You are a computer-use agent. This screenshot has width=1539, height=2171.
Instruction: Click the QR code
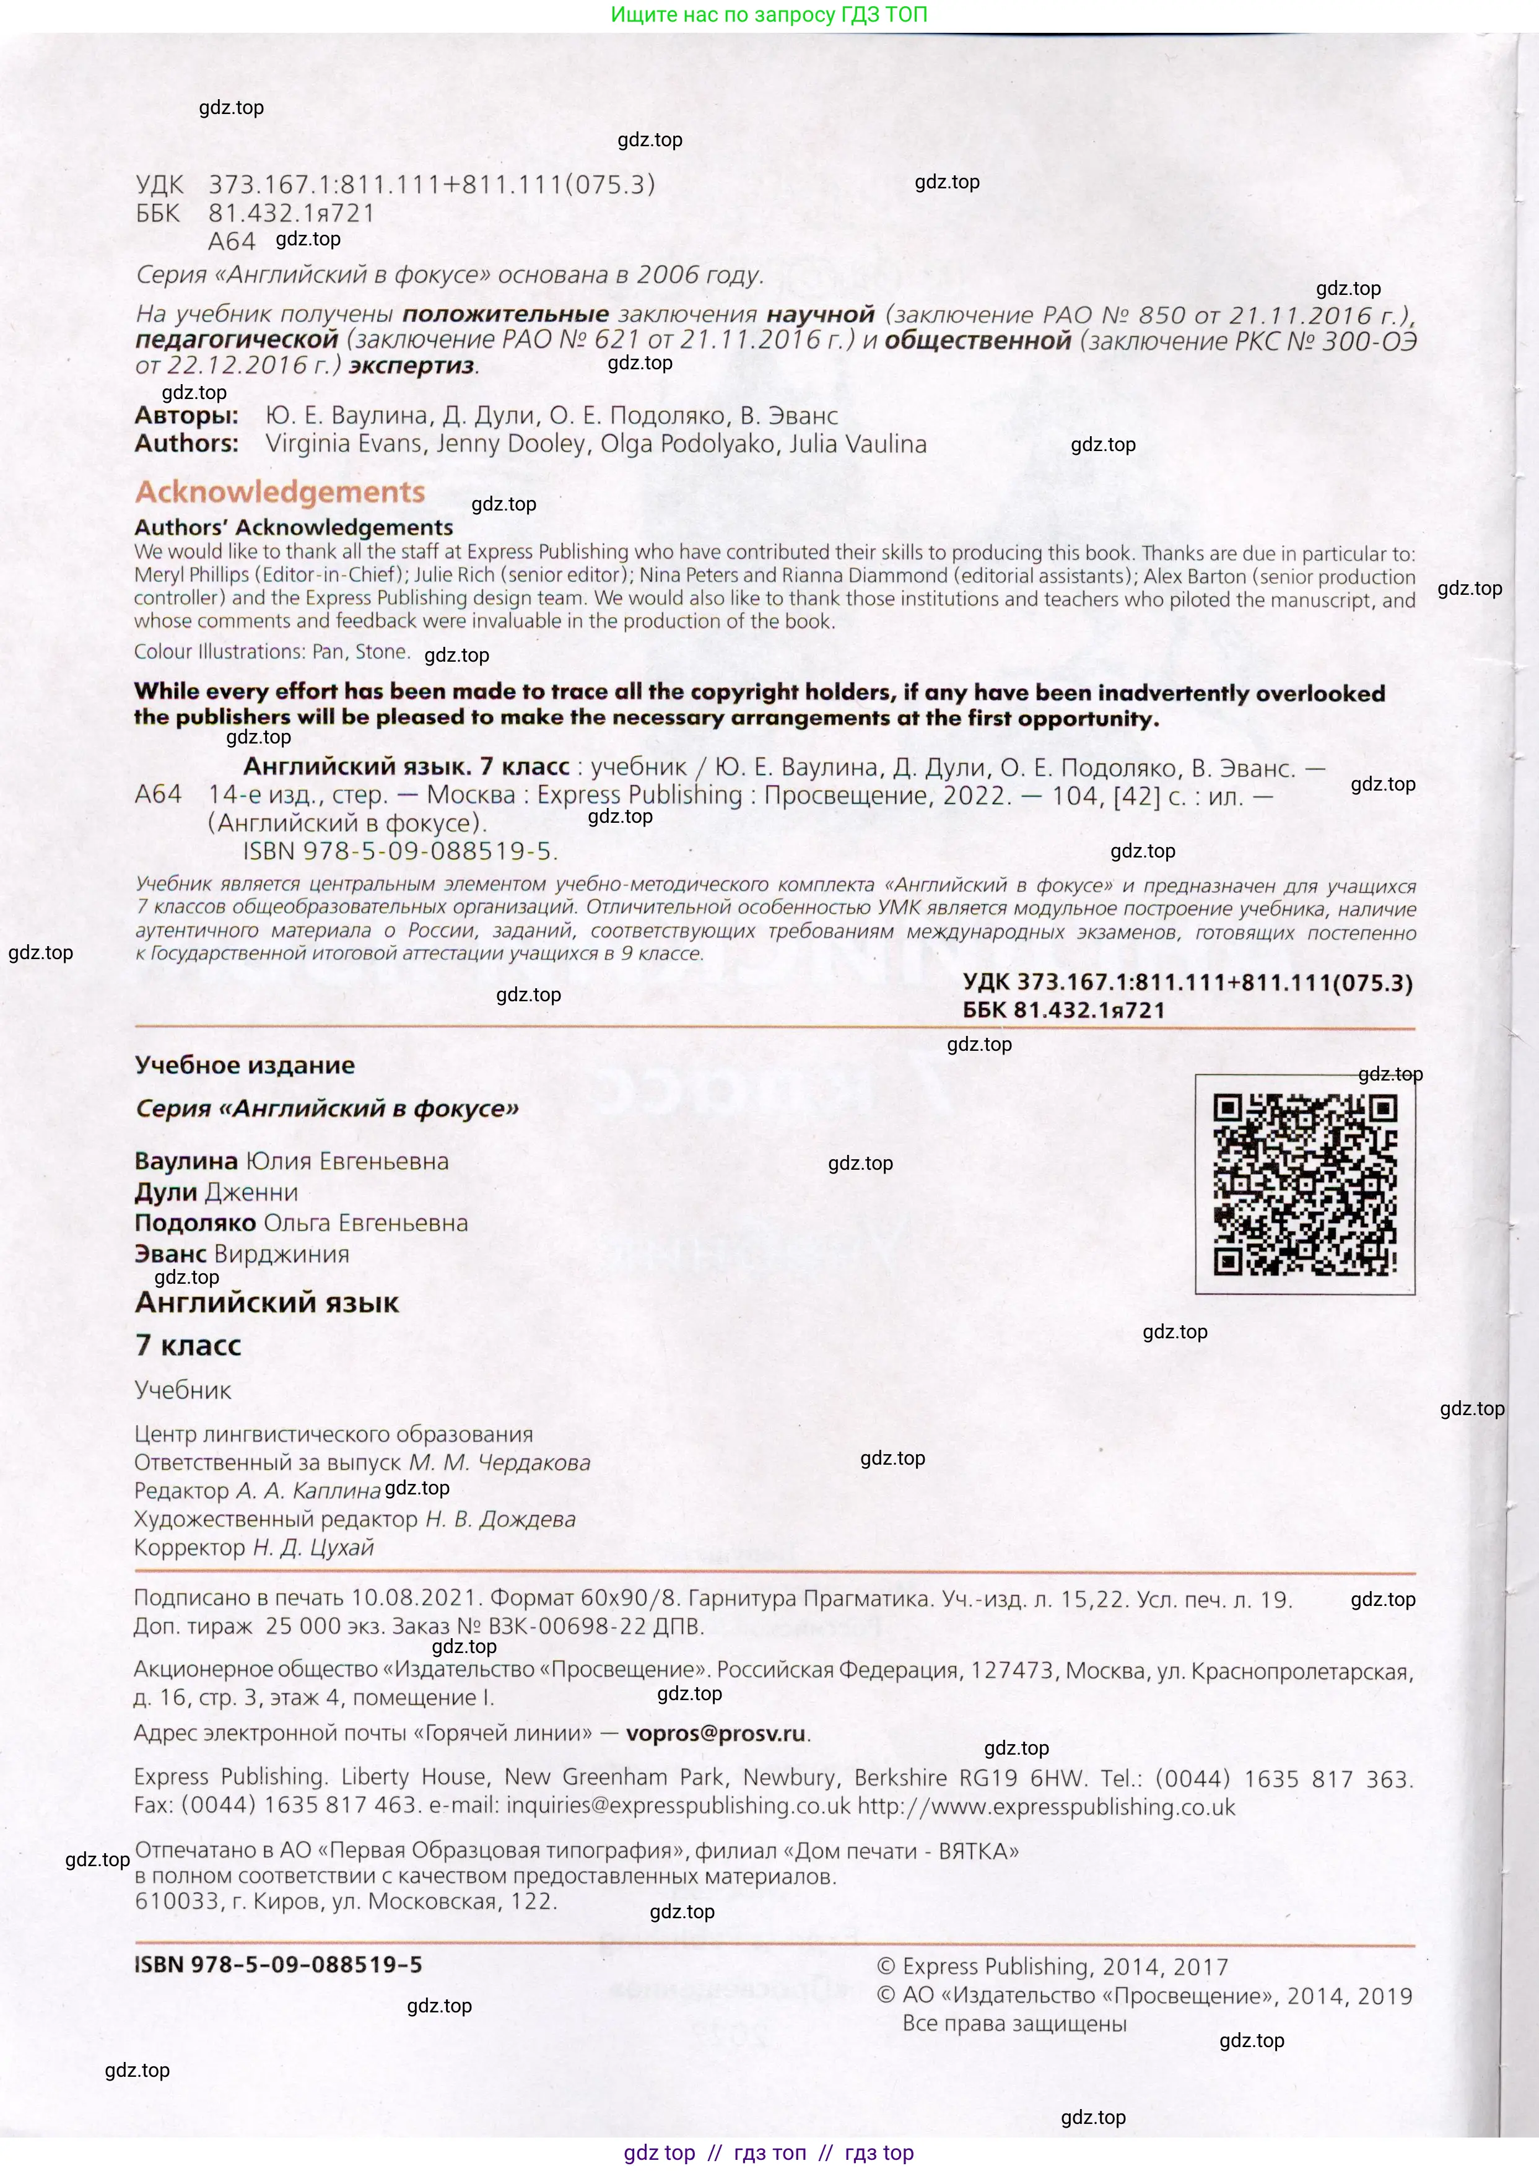(x=1304, y=1183)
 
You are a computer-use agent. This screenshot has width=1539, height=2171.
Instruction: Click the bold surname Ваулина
(x=186, y=1160)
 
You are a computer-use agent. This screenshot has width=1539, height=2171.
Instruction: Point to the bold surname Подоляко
(x=195, y=1223)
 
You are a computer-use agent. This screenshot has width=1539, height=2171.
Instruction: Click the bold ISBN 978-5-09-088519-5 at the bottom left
(x=277, y=1964)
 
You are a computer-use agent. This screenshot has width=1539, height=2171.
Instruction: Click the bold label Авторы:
(x=186, y=415)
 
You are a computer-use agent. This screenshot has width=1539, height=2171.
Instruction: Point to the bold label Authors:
(x=186, y=443)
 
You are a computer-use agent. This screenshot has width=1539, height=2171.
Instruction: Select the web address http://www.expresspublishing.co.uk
(x=1046, y=1806)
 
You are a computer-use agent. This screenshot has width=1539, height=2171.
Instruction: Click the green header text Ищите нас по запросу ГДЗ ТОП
(x=769, y=14)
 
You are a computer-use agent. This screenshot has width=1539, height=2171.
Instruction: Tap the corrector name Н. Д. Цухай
(x=313, y=1547)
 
